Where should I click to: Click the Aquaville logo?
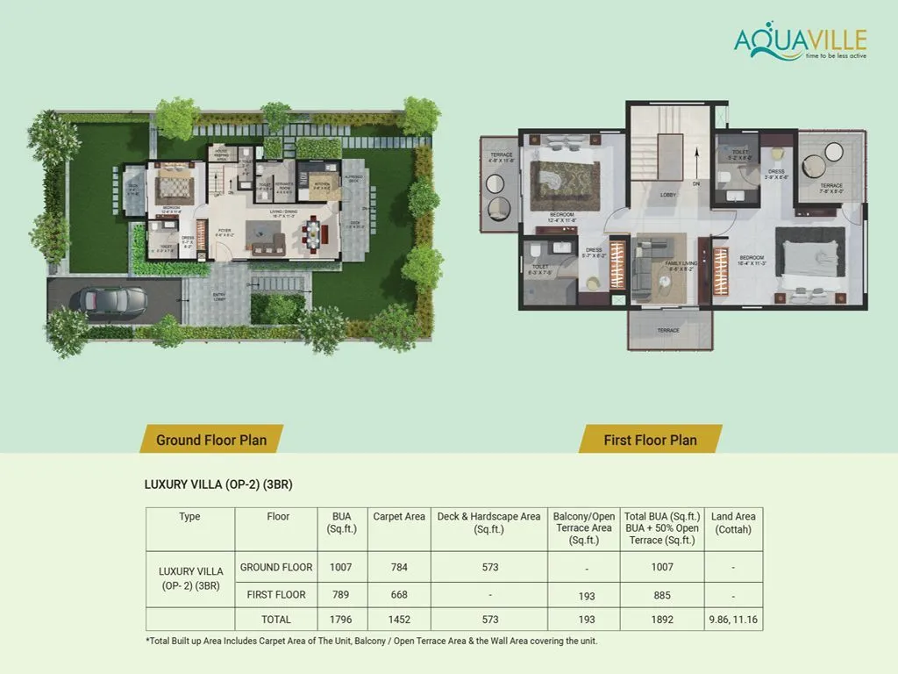coord(800,43)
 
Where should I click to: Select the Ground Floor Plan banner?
coord(210,440)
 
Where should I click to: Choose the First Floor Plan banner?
coord(650,440)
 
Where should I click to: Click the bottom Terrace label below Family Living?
coord(668,331)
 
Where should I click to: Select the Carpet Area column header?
coord(399,517)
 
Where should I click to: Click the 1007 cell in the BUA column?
coord(341,567)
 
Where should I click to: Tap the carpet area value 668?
coord(399,595)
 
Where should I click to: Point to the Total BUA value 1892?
coord(662,620)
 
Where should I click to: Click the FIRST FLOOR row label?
coord(276,595)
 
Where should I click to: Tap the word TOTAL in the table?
coord(276,620)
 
